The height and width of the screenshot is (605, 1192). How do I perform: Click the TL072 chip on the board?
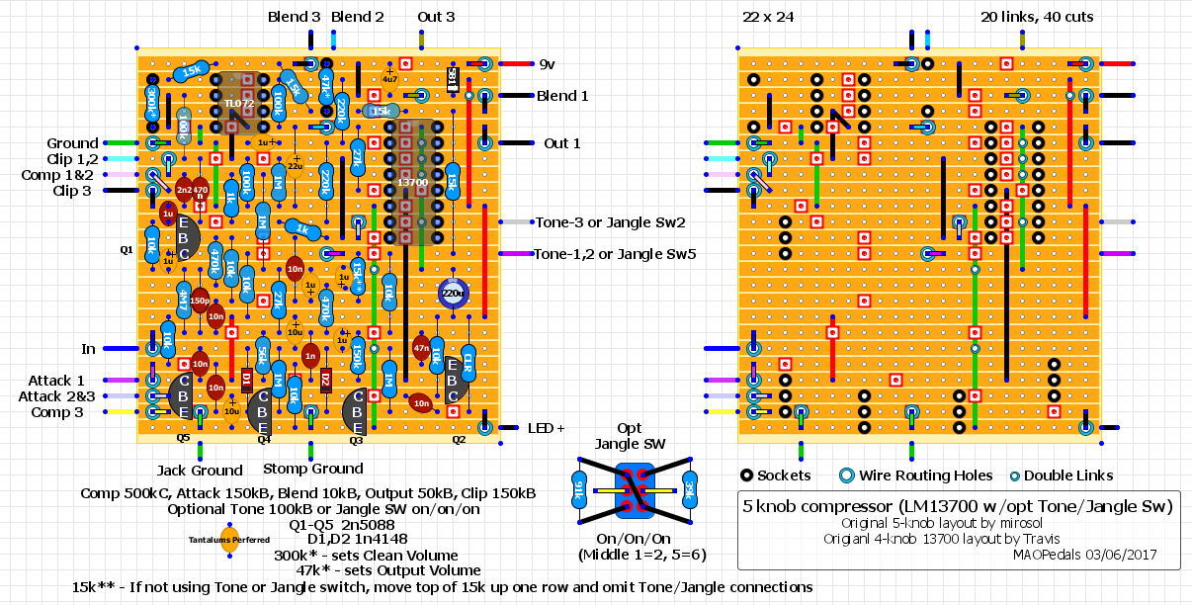[x=237, y=103]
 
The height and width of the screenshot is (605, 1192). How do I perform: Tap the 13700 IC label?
[x=412, y=182]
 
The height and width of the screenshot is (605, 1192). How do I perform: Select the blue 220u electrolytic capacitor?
[x=454, y=293]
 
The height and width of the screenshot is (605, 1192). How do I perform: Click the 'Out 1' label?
[x=561, y=143]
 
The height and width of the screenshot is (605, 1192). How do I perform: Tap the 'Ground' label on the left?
[x=72, y=143]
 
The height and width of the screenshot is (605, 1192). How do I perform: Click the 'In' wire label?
[x=89, y=349]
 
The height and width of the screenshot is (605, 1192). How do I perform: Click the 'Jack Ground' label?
[x=200, y=470]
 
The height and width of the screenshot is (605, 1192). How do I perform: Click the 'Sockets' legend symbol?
[x=748, y=475]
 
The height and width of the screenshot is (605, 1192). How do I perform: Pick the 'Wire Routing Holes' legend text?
[x=910, y=475]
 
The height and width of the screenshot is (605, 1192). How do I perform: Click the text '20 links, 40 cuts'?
[x=1037, y=17]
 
